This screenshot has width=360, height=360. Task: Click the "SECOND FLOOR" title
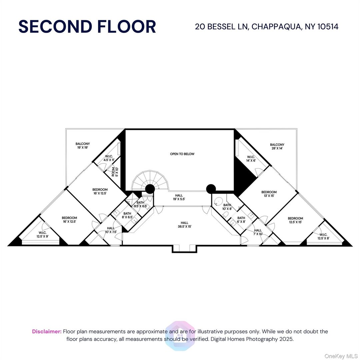click(87, 27)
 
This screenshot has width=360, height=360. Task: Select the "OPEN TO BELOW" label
click(182, 154)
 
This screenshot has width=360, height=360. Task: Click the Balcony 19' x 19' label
click(83, 146)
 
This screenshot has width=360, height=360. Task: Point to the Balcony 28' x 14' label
click(277, 147)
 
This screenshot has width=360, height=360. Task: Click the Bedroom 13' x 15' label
click(269, 194)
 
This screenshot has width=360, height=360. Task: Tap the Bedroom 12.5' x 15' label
click(295, 220)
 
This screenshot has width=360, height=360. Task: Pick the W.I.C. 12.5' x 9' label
click(42, 234)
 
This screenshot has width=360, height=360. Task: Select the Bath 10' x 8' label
click(227, 207)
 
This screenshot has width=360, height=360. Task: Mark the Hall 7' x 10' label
click(258, 232)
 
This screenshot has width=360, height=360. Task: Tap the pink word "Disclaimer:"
click(47, 331)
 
